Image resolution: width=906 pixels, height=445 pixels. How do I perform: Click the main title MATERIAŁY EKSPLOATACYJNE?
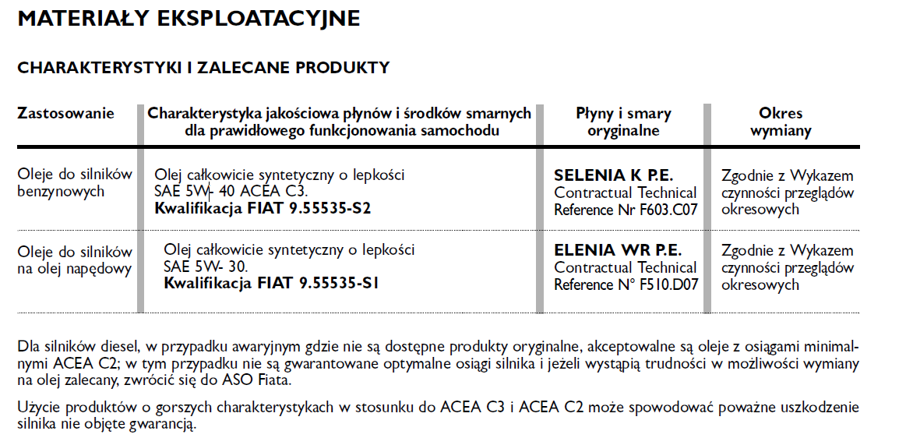pos(189,19)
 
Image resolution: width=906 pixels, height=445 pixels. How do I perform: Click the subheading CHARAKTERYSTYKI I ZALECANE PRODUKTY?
pos(203,68)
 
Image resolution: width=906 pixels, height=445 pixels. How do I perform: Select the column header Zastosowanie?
pos(65,114)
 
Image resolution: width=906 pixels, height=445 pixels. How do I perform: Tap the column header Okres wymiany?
pos(781,122)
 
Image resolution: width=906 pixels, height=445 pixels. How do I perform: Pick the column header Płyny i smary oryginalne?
pos(623,122)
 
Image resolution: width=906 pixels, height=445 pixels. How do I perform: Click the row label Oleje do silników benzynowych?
pos(75,183)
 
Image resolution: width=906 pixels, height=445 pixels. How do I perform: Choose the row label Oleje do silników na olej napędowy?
pos(75,260)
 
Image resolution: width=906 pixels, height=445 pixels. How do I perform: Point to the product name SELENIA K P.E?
pos(613,175)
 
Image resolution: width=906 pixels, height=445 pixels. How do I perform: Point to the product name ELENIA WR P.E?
pos(618,251)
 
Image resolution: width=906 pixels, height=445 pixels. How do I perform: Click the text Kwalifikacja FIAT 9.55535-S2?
pos(263,209)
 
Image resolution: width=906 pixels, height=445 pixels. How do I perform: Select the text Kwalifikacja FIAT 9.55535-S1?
pos(271,284)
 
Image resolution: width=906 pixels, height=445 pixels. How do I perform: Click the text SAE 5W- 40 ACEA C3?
pos(231,192)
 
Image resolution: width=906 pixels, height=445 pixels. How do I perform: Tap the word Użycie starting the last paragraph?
pos(37,408)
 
